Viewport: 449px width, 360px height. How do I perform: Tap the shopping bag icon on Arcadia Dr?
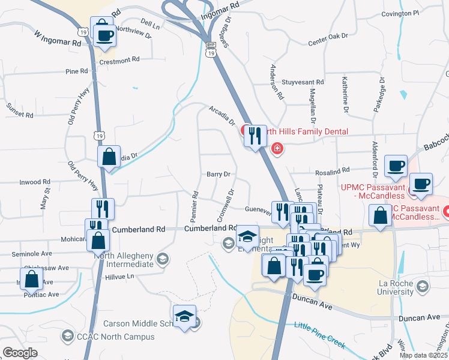tap(109, 157)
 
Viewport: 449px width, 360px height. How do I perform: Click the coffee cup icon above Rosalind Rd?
tap(396, 166)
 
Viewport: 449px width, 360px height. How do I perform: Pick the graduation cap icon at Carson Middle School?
tap(184, 316)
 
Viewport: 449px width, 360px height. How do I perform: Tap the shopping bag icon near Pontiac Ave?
tap(31, 279)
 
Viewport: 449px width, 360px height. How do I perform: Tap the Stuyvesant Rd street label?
tap(303, 82)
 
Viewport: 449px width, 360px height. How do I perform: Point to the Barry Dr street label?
tap(218, 174)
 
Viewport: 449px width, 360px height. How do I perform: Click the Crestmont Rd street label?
tap(119, 60)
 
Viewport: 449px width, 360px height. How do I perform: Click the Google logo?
tap(20, 353)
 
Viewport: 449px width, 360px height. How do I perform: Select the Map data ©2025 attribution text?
tap(423, 355)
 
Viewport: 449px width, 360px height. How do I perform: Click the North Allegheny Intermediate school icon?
tap(161, 259)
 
